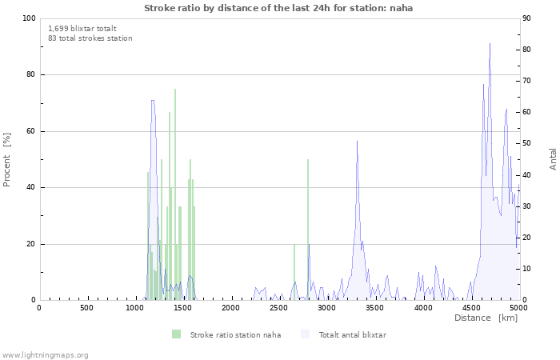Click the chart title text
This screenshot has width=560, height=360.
pos(278,8)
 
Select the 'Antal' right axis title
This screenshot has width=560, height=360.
pos(553,158)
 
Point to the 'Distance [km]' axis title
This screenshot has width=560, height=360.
pos(486,318)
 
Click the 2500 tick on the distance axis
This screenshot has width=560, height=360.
pos(278,308)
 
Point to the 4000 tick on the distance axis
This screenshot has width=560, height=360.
pos(422,308)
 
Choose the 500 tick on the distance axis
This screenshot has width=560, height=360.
pos(86,308)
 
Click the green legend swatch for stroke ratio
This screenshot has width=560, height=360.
pos(176,334)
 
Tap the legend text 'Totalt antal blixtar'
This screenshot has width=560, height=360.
pos(352,334)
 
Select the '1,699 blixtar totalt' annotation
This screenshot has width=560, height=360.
pos(82,28)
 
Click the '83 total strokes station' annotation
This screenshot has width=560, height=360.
pos(90,38)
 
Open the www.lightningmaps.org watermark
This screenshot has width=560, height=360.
pos(45,354)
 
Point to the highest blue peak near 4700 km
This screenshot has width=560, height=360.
pos(490,45)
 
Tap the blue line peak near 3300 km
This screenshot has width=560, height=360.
pos(357,142)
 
